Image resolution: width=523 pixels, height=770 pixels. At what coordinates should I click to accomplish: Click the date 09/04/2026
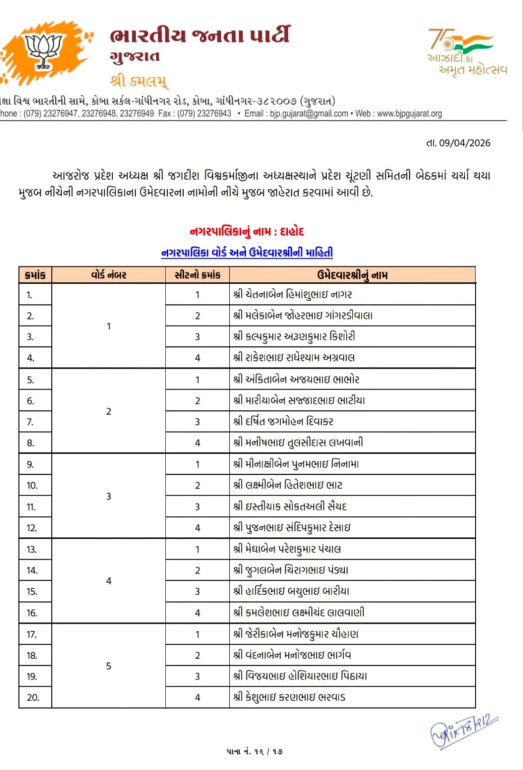point(458,143)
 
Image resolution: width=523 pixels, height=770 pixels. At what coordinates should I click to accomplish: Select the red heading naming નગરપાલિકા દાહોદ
point(247,232)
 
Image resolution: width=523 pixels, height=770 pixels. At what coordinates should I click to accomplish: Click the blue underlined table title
point(247,252)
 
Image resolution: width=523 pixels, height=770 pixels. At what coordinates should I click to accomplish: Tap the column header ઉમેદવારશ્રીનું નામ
point(353,275)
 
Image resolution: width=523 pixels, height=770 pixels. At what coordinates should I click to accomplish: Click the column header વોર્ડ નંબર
point(109,275)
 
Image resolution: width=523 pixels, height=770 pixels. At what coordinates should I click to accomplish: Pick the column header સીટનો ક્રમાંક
point(197,275)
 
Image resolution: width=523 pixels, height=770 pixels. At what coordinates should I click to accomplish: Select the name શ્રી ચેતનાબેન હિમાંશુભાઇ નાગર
point(293,295)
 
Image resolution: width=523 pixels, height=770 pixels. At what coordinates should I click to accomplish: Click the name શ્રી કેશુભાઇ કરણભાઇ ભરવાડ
point(289,697)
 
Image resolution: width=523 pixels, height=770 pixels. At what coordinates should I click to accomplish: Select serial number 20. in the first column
point(33,697)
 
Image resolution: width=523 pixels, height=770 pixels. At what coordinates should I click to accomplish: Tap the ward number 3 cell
point(109,496)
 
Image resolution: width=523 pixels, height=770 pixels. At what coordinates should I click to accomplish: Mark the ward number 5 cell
point(109,665)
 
